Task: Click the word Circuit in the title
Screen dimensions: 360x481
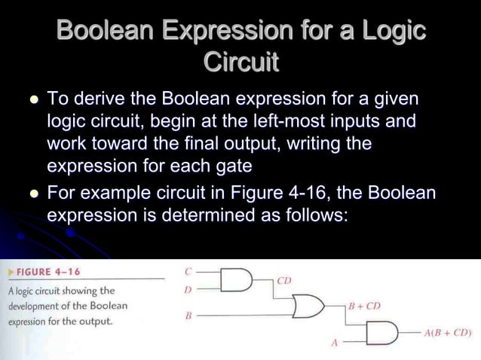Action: click(x=240, y=63)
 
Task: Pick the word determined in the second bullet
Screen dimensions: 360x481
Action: click(x=204, y=215)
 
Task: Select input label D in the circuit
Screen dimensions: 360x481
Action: click(x=188, y=288)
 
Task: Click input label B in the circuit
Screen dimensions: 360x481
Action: click(x=188, y=315)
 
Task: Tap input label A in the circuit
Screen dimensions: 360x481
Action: click(x=334, y=343)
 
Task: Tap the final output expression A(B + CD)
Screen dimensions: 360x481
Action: click(x=448, y=332)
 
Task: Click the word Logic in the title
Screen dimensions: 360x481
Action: click(x=388, y=31)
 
